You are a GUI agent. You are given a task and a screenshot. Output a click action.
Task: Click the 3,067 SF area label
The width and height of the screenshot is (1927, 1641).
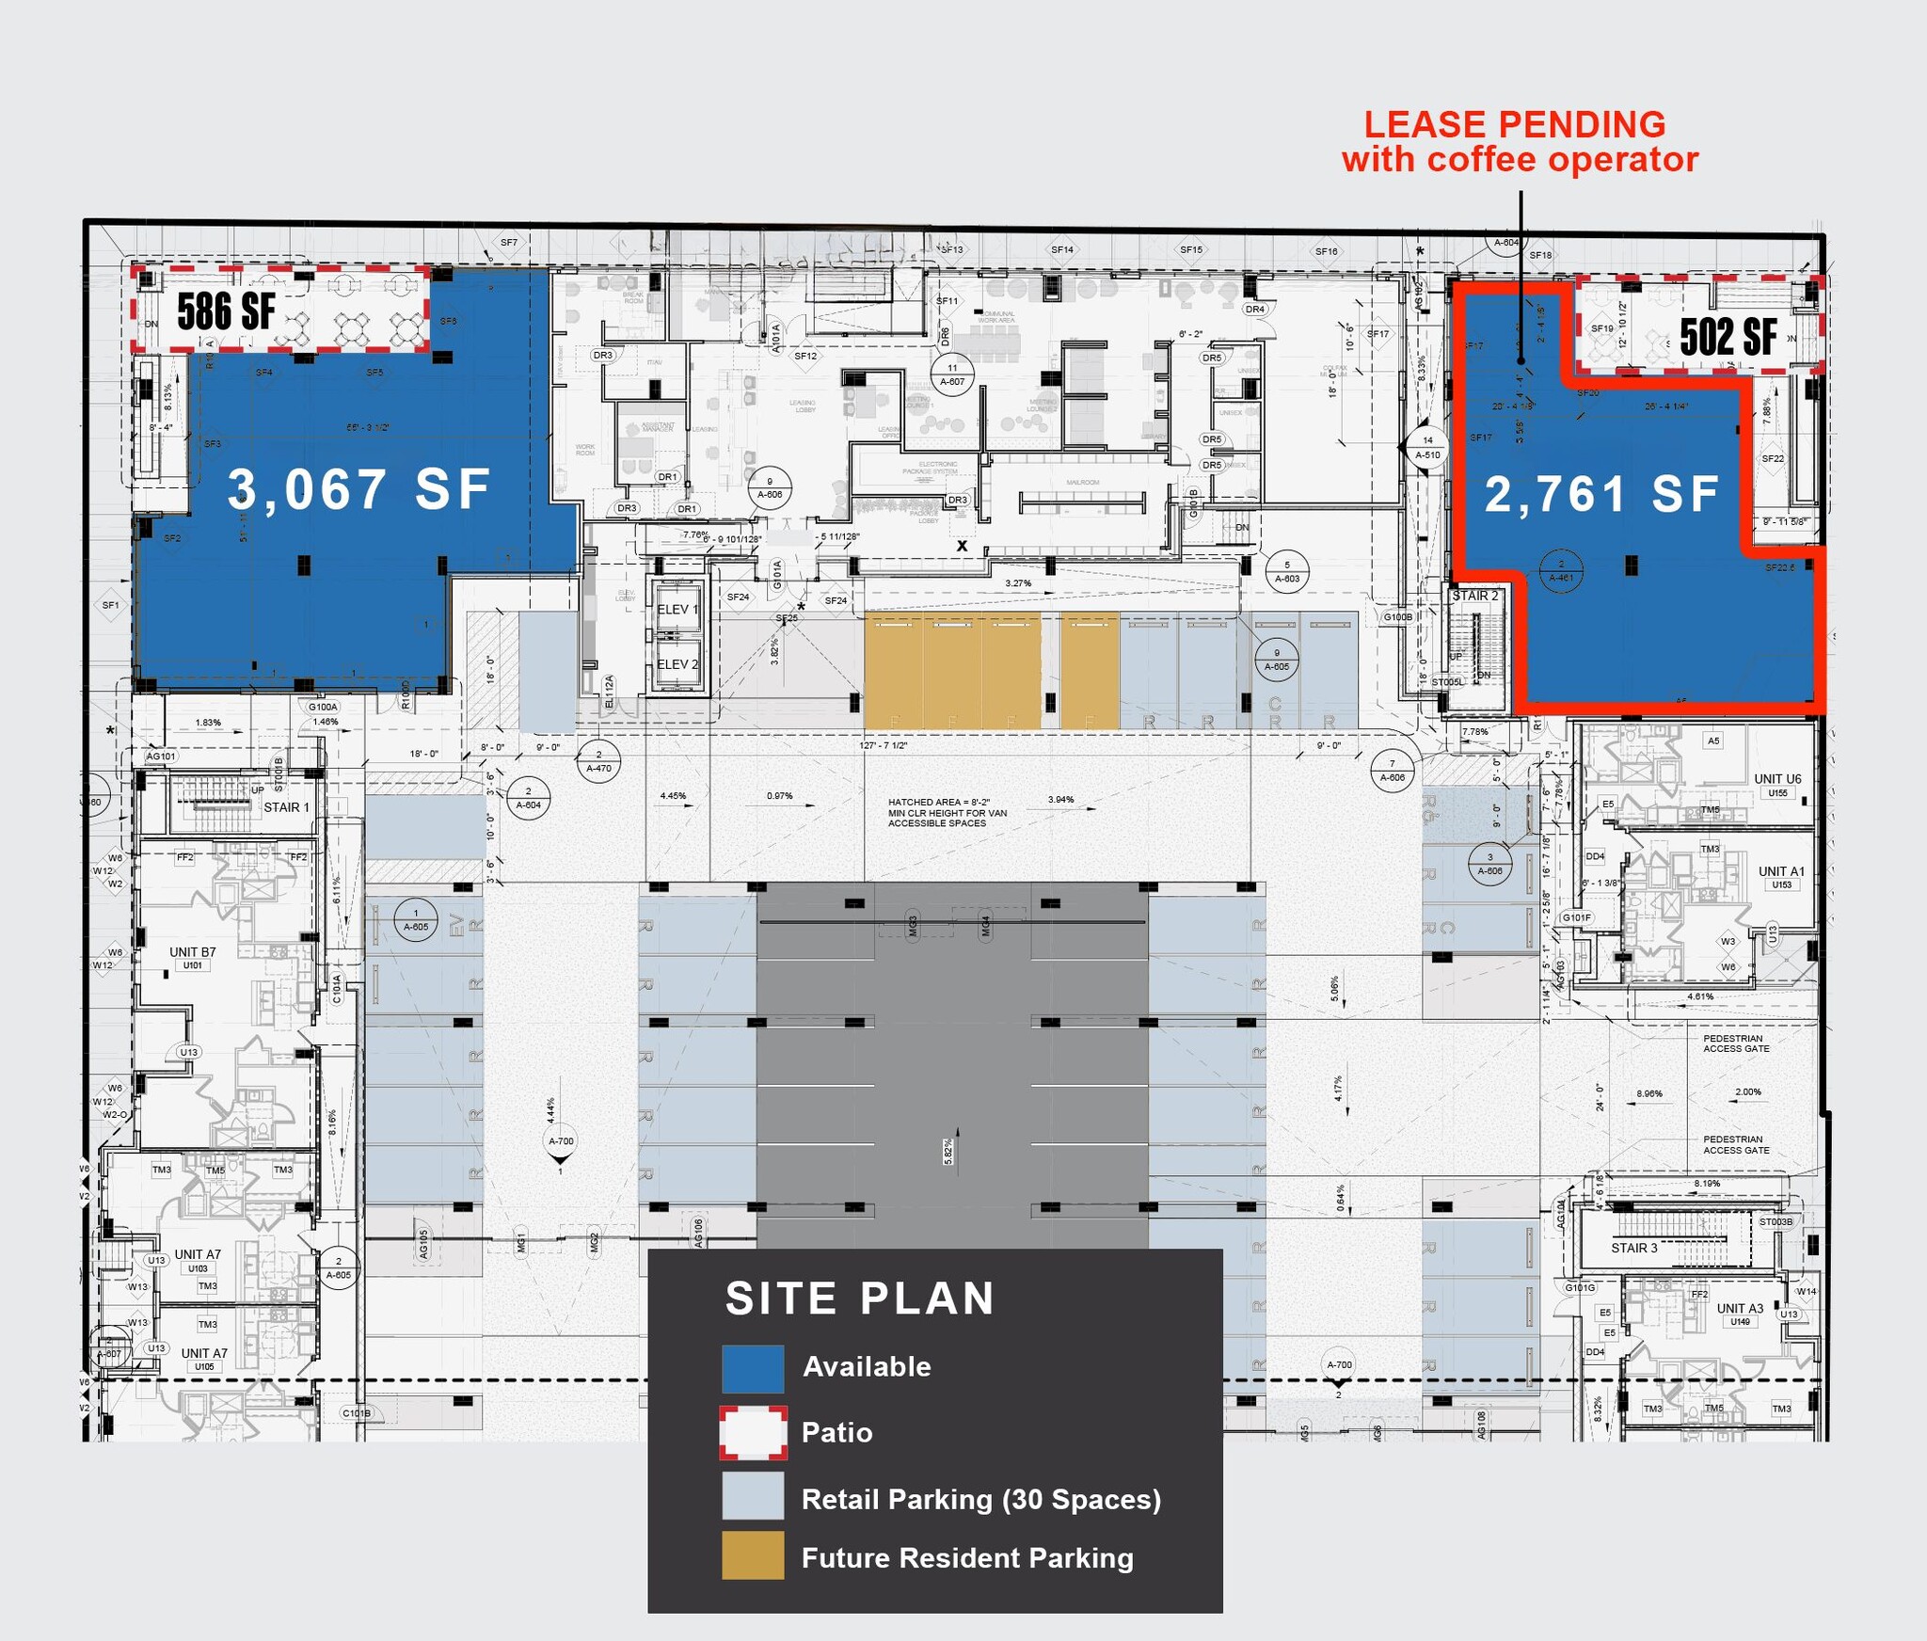(358, 489)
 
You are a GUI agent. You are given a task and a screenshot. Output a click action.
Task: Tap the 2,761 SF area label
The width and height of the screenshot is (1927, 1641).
(1601, 494)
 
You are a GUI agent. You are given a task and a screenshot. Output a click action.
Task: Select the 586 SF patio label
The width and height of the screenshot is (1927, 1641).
(227, 311)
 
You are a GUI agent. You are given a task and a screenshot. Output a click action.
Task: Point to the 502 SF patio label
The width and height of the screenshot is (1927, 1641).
(1728, 336)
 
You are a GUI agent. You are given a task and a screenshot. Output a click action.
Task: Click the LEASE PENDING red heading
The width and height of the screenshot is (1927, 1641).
(1515, 125)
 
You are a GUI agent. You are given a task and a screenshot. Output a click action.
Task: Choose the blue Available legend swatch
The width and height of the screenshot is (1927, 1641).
(753, 1368)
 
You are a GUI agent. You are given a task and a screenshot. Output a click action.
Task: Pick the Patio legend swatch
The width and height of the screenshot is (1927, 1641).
(753, 1433)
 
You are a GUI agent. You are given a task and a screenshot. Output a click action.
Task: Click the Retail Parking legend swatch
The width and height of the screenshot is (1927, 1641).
(753, 1495)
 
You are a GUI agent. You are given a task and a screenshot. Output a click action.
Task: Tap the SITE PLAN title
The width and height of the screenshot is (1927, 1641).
(860, 1298)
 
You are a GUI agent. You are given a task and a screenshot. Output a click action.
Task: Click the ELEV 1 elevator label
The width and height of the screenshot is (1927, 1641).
(677, 610)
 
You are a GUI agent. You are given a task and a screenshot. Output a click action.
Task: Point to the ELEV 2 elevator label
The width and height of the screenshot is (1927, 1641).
(677, 664)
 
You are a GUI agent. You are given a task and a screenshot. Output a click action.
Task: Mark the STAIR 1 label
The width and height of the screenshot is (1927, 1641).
(286, 807)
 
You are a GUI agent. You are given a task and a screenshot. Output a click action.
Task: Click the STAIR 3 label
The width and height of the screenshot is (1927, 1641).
(1634, 1248)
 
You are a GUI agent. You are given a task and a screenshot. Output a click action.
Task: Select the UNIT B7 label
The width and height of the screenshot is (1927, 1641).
(193, 952)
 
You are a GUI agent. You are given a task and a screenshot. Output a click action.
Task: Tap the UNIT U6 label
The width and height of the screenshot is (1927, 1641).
(1777, 779)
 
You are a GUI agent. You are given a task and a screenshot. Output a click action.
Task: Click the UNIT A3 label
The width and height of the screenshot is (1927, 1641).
(1740, 1309)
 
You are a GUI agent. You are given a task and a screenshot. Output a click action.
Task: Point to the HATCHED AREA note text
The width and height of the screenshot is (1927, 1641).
(947, 813)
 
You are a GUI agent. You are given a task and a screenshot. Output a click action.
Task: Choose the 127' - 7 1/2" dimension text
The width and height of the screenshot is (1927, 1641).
(884, 746)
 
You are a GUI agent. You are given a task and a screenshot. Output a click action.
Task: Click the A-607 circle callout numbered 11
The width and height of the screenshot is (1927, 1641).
(952, 374)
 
